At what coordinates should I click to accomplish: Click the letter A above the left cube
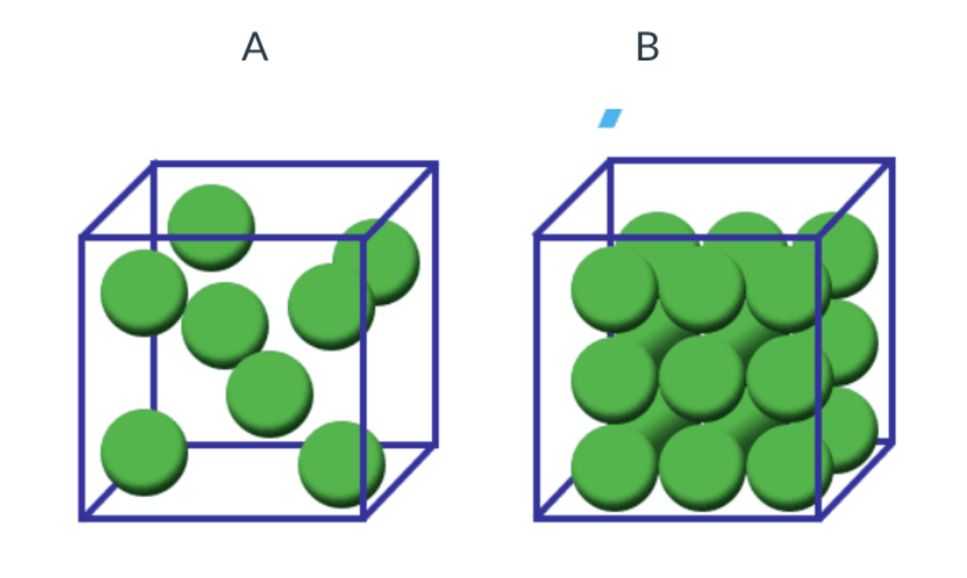coord(255,47)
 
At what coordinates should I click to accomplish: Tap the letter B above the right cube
coord(648,47)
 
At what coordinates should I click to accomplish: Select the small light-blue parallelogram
coord(610,118)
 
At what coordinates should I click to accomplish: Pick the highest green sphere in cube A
coord(211,228)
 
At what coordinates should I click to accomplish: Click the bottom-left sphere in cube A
coord(144,452)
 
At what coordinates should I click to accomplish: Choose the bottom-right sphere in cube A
coord(341,464)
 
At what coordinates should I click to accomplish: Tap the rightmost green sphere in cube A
coord(376,261)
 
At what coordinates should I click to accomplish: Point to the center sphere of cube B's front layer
coord(702,379)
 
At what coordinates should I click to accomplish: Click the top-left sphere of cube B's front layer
coord(615,289)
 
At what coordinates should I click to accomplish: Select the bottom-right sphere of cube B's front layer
coord(790,468)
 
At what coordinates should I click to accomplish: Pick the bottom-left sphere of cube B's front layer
coord(615,468)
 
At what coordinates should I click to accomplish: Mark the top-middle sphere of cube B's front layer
coord(702,289)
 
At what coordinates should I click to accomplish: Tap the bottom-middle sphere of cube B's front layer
coord(702,468)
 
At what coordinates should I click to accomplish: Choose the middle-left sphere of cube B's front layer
coord(615,379)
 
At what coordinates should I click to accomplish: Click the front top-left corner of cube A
coord(82,237)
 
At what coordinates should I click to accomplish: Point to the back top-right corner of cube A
coord(436,164)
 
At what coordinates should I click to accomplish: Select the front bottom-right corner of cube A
coord(364,518)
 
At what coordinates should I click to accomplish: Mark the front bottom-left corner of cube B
coord(537,518)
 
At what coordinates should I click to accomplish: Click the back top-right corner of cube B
coord(891,161)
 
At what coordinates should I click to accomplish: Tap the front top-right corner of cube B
coord(819,236)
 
